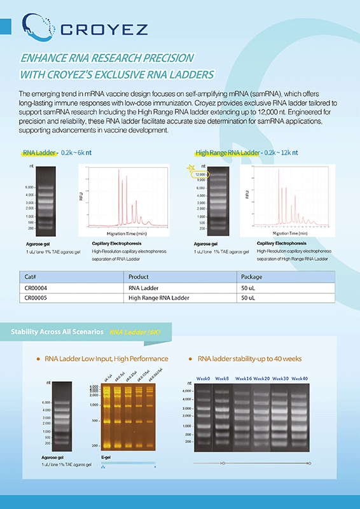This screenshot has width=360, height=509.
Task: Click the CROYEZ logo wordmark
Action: [x=102, y=28]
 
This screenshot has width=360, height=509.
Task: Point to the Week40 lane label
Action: [x=300, y=379]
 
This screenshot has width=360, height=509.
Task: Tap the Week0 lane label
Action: [x=203, y=379]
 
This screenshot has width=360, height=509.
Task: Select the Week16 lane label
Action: [x=243, y=379]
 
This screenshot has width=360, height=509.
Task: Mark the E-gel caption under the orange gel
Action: [x=106, y=456]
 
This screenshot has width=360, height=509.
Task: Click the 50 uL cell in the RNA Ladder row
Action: [x=249, y=288]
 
